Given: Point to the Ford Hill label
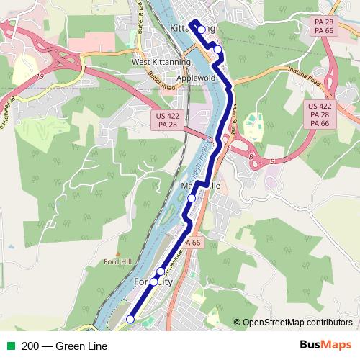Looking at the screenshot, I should tap(117, 261).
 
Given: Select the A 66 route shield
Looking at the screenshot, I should tap(192, 243).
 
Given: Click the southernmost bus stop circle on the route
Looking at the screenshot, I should tap(130, 319).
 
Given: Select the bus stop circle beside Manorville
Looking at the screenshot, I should tap(192, 198).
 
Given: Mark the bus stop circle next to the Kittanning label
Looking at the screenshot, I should tap(202, 30).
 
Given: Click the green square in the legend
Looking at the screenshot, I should tap(10, 346).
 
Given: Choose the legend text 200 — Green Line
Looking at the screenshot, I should tap(64, 346).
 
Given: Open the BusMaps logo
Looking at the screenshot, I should tap(320, 346).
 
